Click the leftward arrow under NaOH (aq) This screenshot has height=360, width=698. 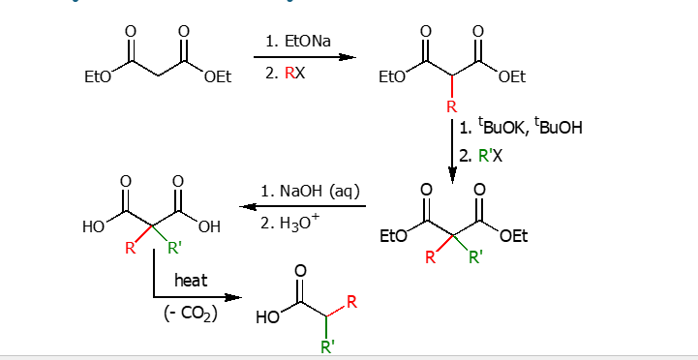point(301,206)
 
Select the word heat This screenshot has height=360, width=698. point(191,281)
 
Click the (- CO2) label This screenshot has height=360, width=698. point(189,314)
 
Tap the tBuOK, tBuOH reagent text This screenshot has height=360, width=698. point(529,128)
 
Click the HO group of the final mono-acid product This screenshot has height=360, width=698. point(267,318)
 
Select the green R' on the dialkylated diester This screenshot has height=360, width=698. point(475,257)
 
